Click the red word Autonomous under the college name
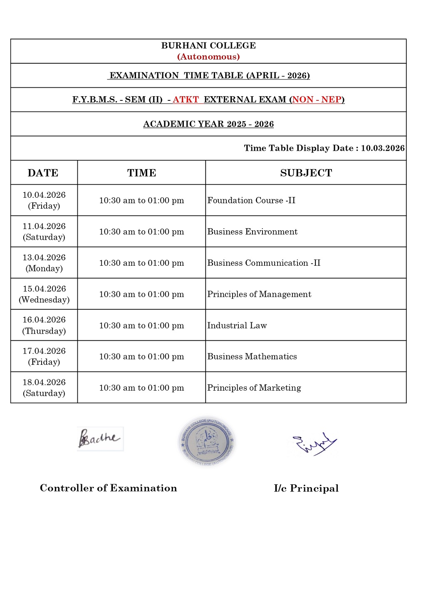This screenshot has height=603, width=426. click(x=208, y=57)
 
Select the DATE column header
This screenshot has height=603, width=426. click(x=43, y=173)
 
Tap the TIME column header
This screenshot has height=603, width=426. click(x=141, y=173)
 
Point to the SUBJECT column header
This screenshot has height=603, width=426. click(x=306, y=173)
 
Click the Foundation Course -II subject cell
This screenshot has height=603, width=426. click(x=251, y=200)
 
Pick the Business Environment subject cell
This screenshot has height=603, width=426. click(x=252, y=232)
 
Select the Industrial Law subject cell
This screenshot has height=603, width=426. click(x=237, y=325)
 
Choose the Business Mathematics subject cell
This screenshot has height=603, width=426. click(x=252, y=356)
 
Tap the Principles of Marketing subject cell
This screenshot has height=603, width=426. click(x=254, y=388)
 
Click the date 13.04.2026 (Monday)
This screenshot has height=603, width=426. click(x=44, y=263)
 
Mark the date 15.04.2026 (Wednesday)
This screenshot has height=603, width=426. click(x=44, y=294)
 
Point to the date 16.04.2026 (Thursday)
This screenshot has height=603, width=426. click(x=44, y=325)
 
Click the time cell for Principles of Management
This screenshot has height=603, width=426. click(x=141, y=294)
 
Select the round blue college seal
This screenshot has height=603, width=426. click(x=207, y=441)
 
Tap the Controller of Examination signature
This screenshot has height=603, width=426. click(x=100, y=439)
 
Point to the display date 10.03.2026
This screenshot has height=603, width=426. click(x=382, y=148)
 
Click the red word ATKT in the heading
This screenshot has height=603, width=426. click(x=186, y=100)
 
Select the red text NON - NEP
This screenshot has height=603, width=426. click(x=317, y=100)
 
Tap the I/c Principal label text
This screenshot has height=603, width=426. click(x=306, y=488)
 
